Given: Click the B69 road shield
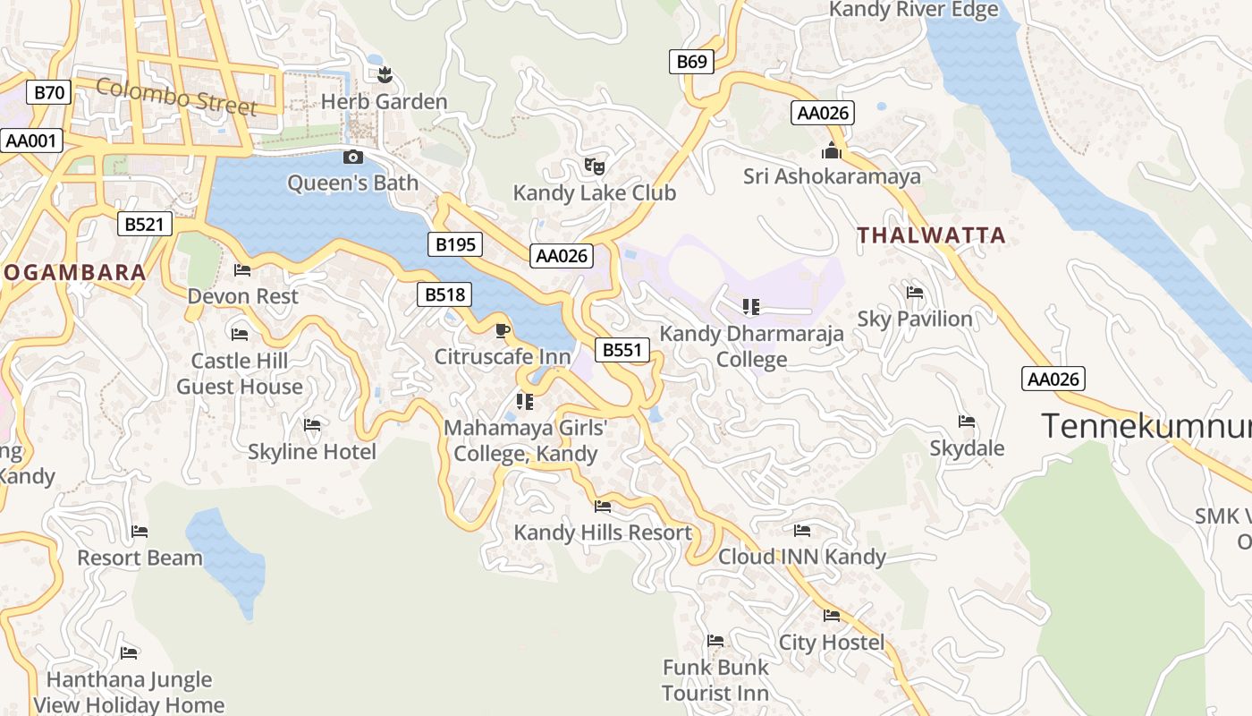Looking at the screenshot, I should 691,62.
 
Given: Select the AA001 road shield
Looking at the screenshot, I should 31,141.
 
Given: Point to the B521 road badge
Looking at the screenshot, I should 144,224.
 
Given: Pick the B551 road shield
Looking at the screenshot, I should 622,350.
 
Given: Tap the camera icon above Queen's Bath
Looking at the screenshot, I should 353,158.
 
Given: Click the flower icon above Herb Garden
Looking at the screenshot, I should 385,75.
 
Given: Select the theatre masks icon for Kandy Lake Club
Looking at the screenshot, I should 594,166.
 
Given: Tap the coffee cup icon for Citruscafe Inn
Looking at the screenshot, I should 503,331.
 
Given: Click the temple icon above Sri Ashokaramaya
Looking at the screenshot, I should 832,150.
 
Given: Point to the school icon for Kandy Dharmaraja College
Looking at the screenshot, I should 751,308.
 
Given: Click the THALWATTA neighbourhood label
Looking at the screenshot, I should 931,235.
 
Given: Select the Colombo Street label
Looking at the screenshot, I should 176,97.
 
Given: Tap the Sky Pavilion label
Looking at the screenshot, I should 914,319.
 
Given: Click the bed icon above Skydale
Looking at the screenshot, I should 966,422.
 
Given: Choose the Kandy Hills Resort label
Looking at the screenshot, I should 602,533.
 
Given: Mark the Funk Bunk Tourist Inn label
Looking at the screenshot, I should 715,680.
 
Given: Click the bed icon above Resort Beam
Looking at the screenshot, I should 140,532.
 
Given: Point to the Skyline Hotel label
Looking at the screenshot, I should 311,451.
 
